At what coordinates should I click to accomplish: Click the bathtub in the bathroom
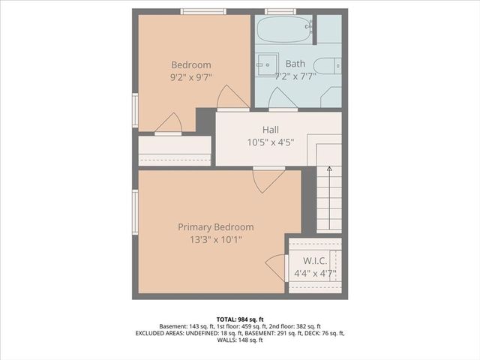(x=283, y=29)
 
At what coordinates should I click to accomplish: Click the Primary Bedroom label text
(x=215, y=226)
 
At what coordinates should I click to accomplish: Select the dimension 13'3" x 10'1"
(x=215, y=240)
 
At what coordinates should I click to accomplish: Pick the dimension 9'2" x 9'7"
(x=190, y=77)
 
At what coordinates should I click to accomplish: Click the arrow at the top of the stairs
(x=329, y=169)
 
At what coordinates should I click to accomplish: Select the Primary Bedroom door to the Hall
(x=267, y=181)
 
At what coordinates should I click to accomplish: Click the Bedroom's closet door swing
(x=169, y=124)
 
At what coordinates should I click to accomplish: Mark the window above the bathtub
(x=280, y=11)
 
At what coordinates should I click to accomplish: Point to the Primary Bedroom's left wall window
(x=136, y=211)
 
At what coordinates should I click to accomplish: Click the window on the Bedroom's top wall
(x=204, y=11)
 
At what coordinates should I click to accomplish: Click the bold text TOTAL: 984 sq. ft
(x=240, y=319)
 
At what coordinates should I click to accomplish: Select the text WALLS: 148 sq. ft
(x=240, y=340)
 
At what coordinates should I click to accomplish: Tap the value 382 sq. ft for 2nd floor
(x=307, y=326)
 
